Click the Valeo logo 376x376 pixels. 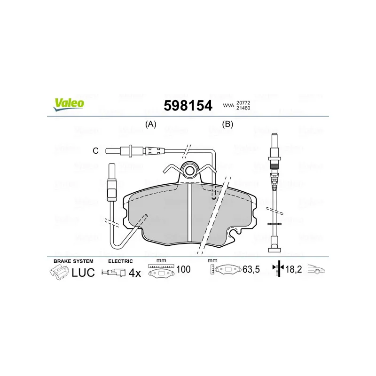[69, 104]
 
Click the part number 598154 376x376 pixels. [188, 105]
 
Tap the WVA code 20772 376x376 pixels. [243, 102]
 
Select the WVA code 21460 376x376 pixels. [243, 108]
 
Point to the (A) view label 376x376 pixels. [151, 124]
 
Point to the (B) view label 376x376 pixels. [227, 124]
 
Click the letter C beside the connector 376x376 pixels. [95, 151]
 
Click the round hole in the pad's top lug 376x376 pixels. [190, 171]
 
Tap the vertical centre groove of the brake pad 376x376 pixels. [190, 213]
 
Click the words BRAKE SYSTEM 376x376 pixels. [73, 261]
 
